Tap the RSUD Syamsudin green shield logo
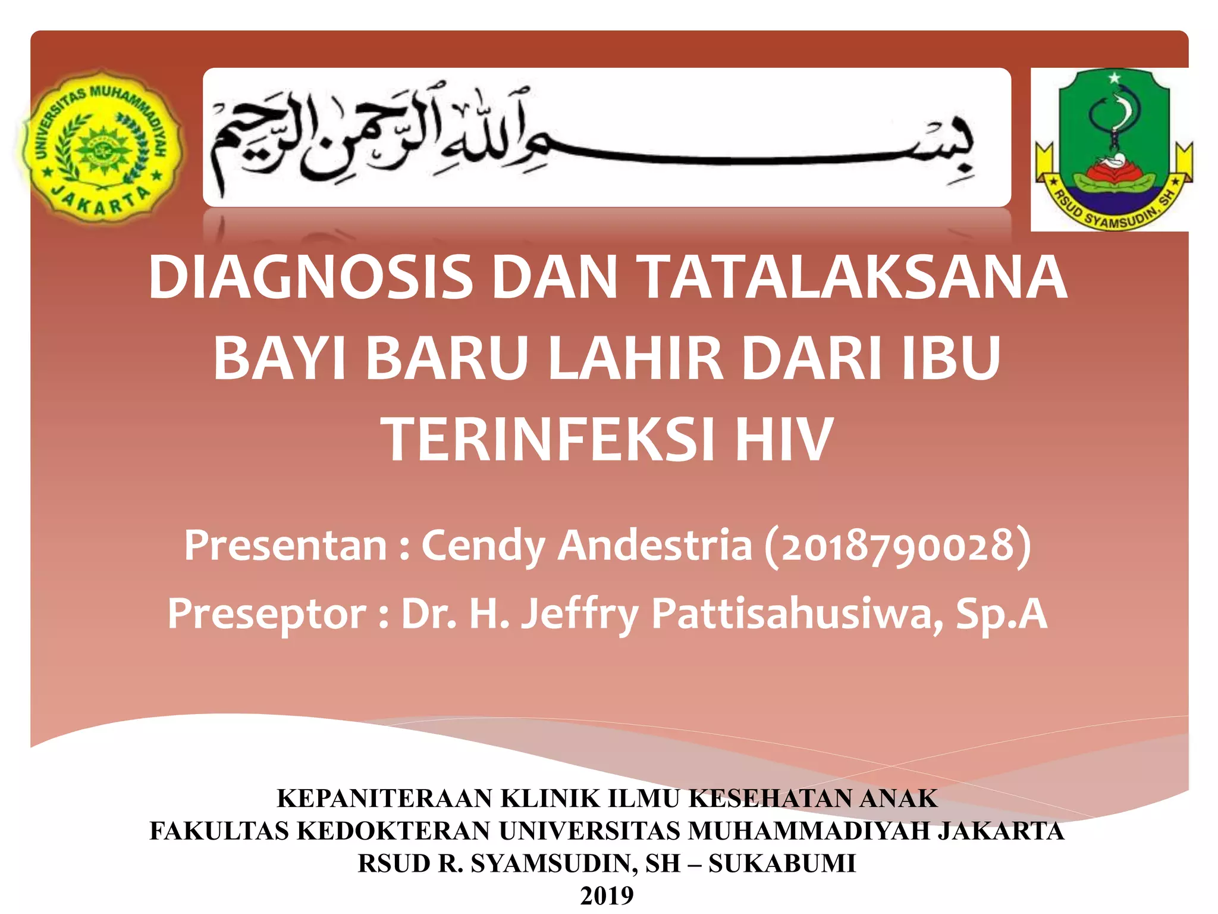1114,149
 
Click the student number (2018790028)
897,546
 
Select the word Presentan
285,546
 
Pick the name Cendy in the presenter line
483,546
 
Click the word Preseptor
267,614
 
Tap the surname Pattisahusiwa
797,614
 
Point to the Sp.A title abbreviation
1002,614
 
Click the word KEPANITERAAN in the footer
385,799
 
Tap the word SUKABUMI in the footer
782,863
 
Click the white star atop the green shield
1114,78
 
